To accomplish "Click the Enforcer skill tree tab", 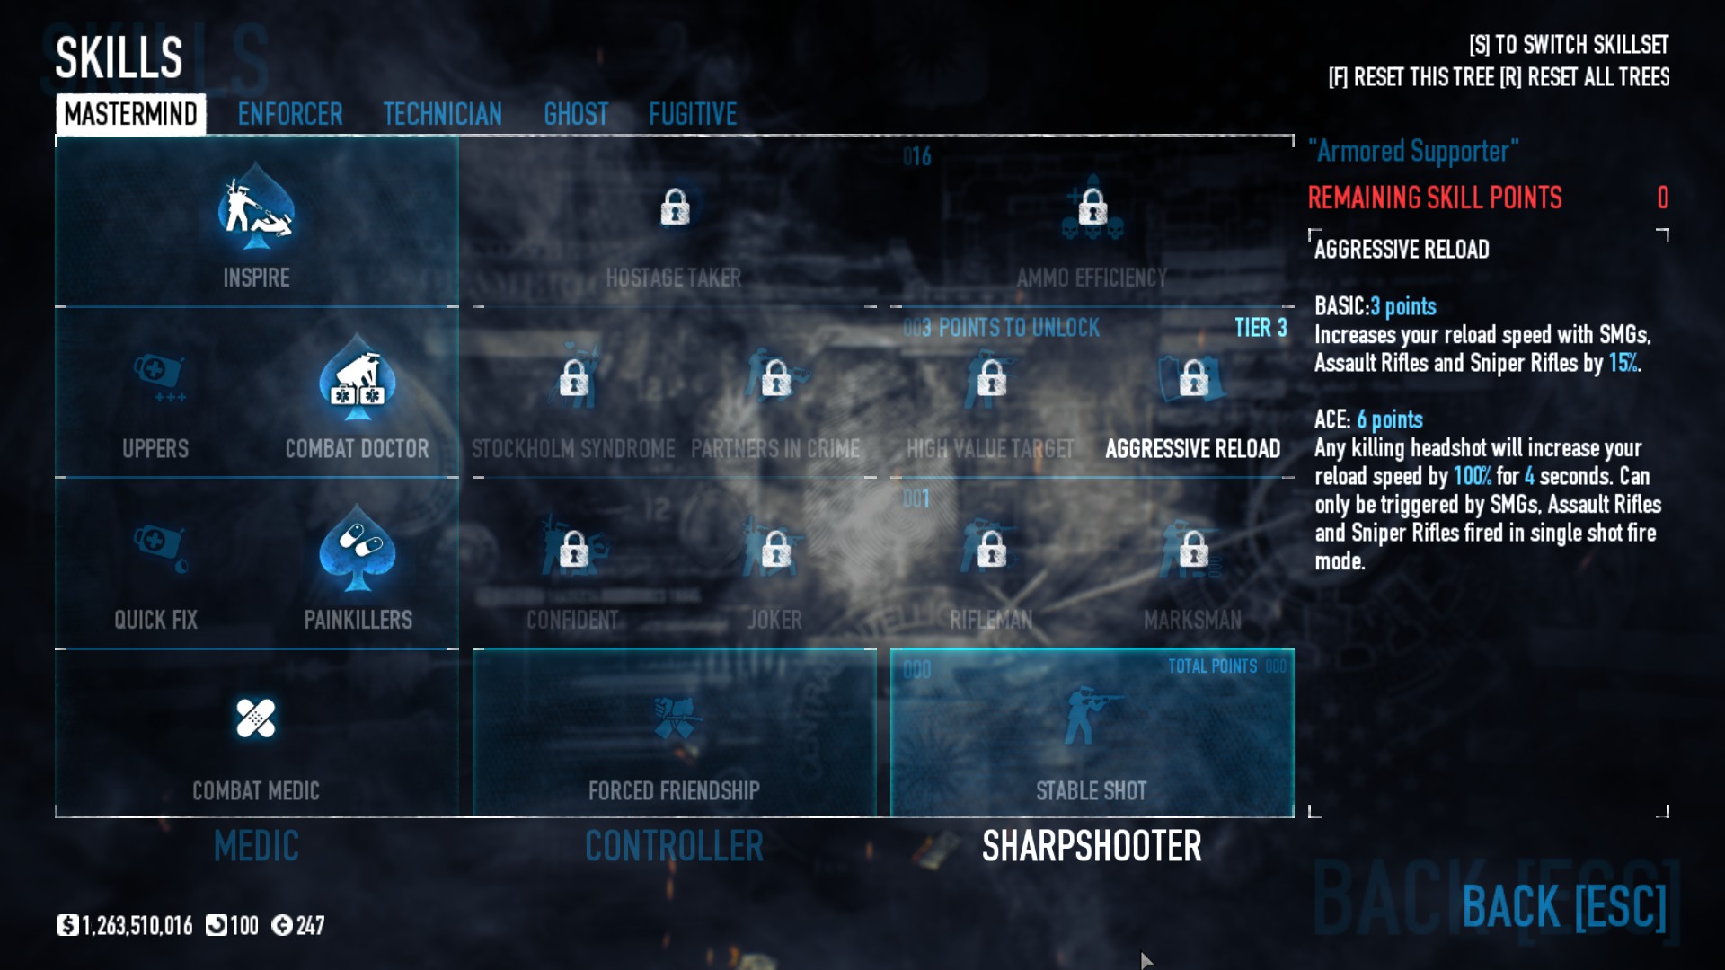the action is click(x=289, y=114).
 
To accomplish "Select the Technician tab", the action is click(x=442, y=114).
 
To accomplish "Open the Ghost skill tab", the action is click(x=576, y=114).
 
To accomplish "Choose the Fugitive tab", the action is click(x=693, y=114).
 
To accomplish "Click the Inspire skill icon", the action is click(x=256, y=208).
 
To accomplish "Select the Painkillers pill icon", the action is click(x=358, y=548).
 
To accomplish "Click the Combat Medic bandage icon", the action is click(x=256, y=719).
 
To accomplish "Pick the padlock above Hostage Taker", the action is click(x=675, y=207).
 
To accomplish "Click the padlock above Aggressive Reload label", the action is click(x=1193, y=378).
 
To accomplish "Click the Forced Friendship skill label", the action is click(x=674, y=790).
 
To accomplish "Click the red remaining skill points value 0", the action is click(x=1662, y=198).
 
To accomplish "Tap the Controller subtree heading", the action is click(x=674, y=846).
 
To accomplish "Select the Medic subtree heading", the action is click(x=256, y=846).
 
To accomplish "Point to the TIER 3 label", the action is click(x=1260, y=328).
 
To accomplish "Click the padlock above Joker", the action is click(x=775, y=549).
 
